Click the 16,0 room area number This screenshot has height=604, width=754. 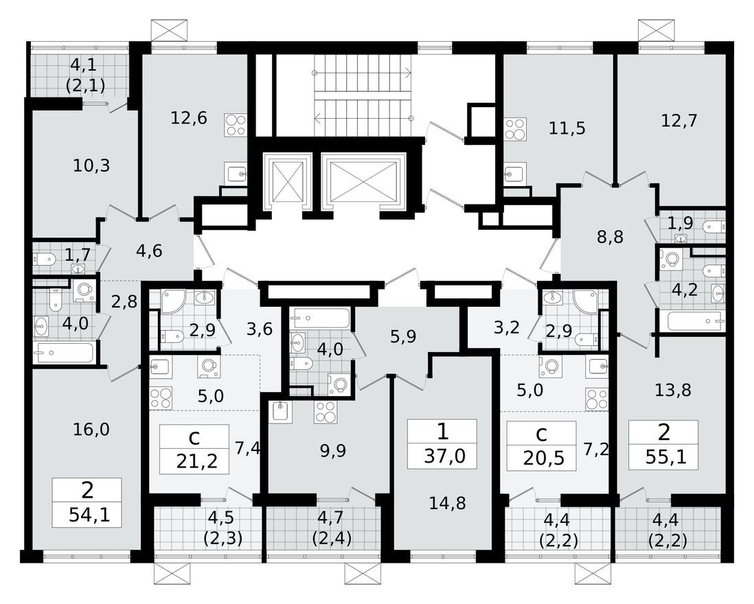(x=91, y=430)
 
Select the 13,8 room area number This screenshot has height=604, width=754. (x=672, y=391)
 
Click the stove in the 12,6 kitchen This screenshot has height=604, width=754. (x=235, y=125)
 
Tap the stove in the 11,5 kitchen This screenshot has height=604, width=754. (x=514, y=128)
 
